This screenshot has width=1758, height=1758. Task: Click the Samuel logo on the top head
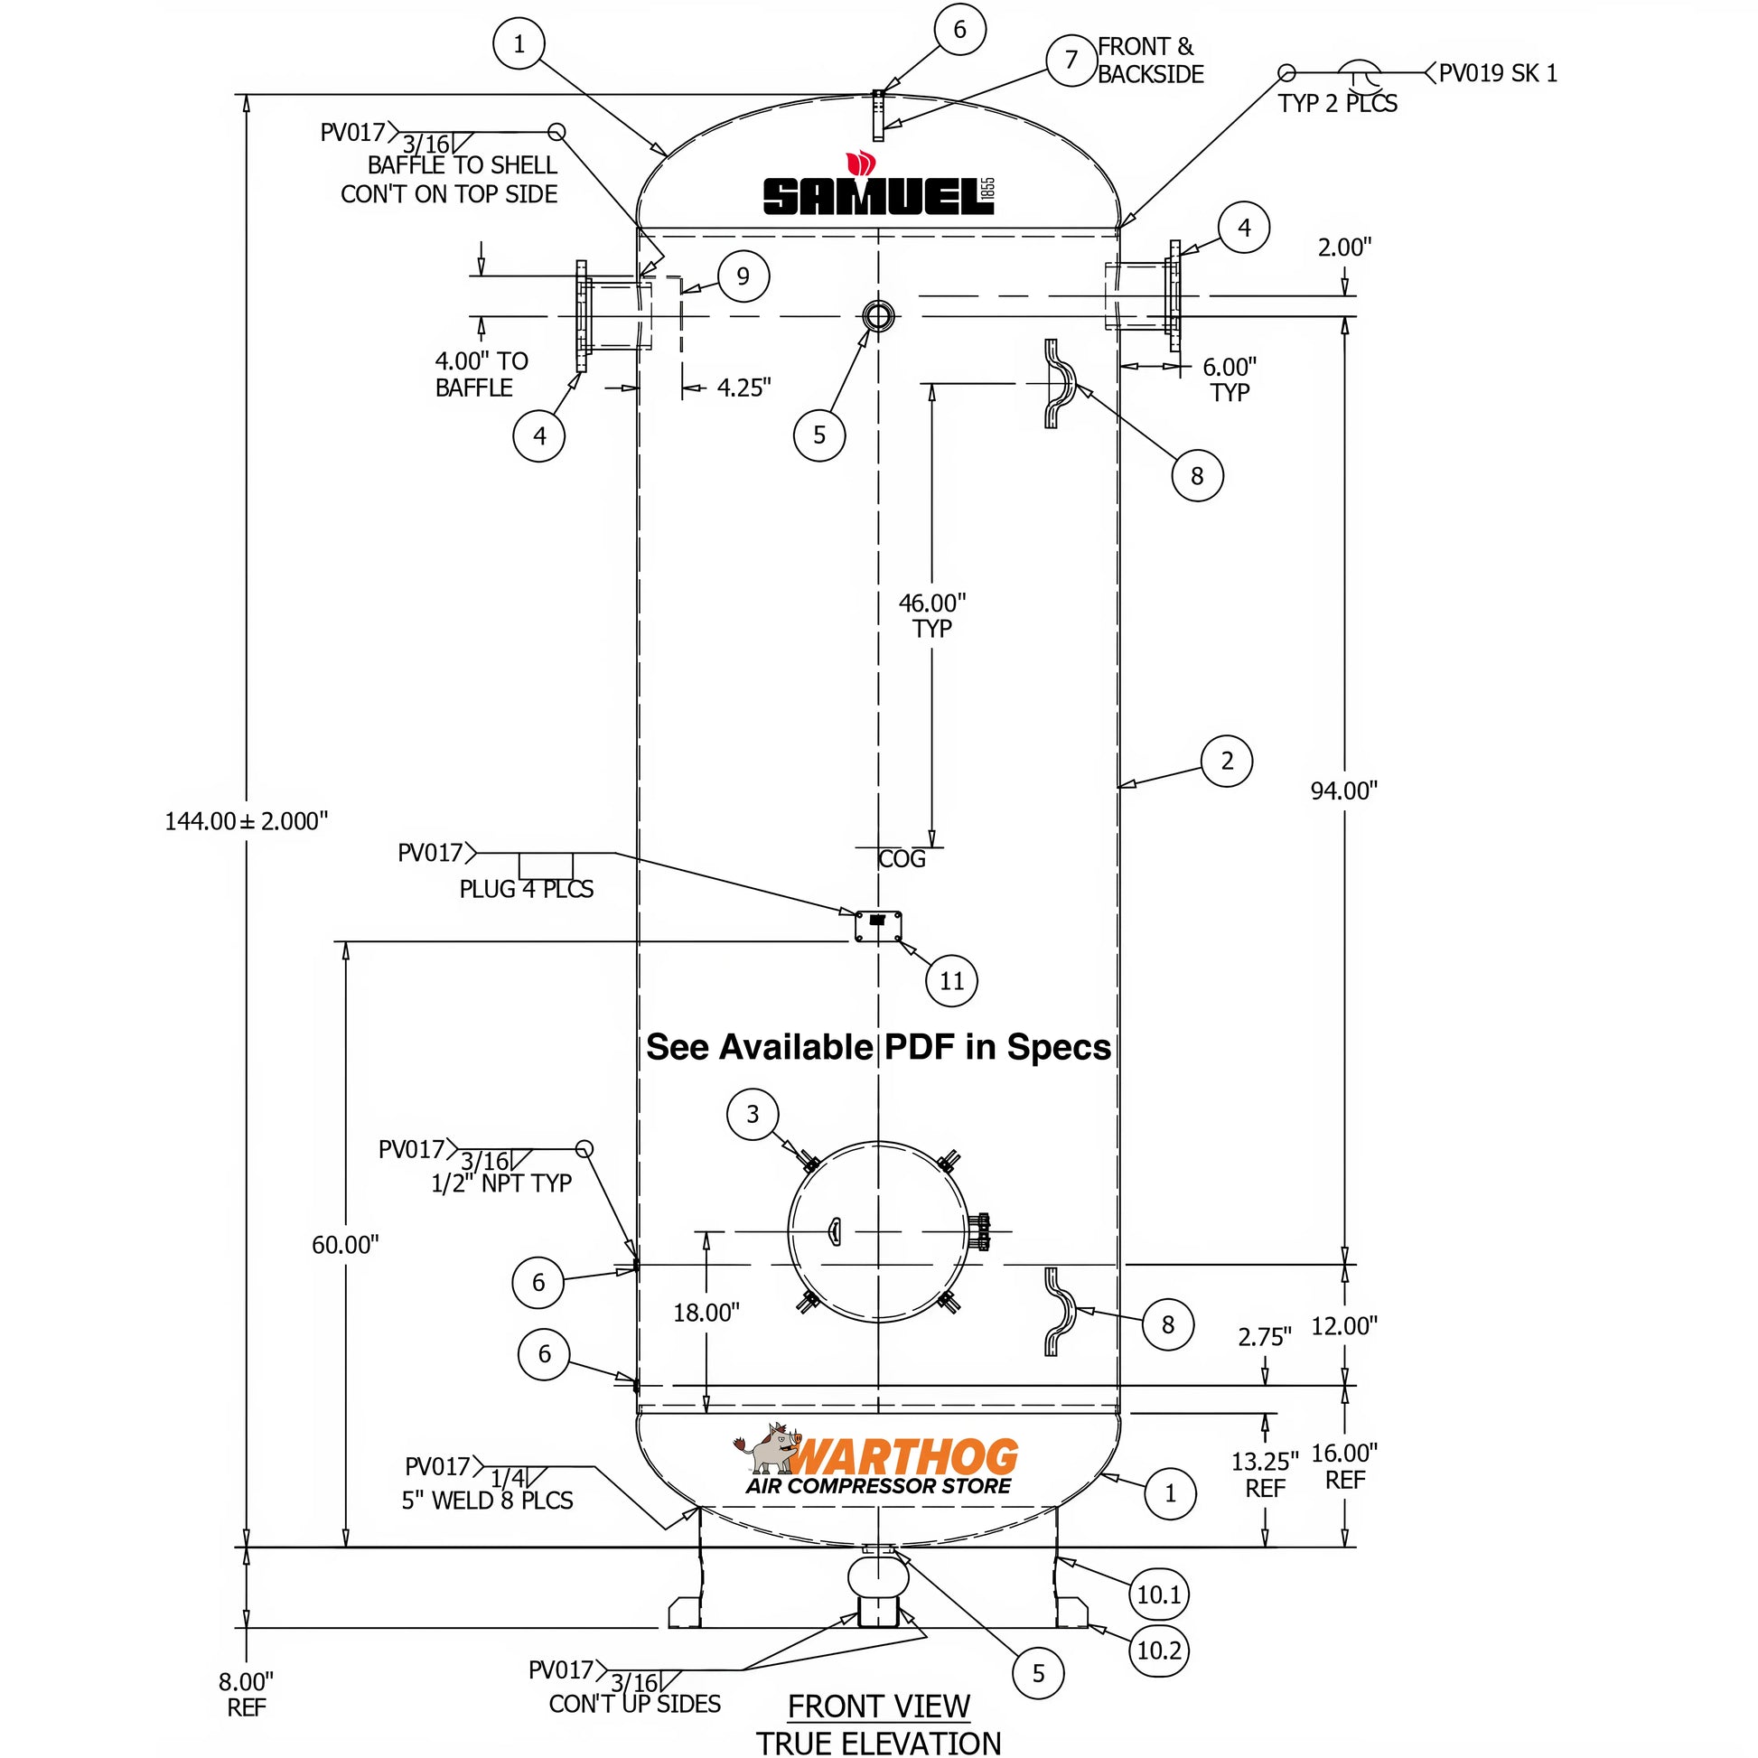[878, 188]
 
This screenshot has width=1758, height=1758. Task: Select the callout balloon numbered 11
[951, 981]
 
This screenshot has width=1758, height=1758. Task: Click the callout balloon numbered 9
[743, 276]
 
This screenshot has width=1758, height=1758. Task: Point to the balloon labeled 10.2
[1158, 1650]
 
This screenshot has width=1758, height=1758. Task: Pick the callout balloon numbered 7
[1071, 60]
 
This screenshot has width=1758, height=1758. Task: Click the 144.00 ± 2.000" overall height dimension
[246, 821]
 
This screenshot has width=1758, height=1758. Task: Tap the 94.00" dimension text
[1343, 790]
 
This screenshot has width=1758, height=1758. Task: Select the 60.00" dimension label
[345, 1245]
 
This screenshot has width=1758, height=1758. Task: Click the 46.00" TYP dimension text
[931, 615]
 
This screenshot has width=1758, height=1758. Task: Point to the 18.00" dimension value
[706, 1312]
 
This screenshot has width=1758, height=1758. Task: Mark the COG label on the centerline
[901, 859]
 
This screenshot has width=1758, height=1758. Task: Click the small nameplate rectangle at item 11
[878, 926]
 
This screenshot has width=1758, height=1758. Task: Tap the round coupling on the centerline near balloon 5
[878, 317]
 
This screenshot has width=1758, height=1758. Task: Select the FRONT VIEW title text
[878, 1707]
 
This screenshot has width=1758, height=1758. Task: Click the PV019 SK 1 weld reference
[1497, 73]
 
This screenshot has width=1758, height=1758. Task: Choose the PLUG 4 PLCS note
[526, 889]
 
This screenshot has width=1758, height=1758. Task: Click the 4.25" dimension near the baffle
[743, 388]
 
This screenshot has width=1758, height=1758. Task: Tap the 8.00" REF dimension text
[246, 1694]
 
